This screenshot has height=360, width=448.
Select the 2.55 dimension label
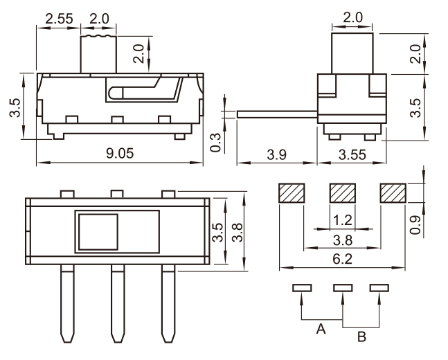(59, 17)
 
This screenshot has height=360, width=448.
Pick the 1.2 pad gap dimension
(341, 221)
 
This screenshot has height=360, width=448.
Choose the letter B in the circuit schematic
(361, 338)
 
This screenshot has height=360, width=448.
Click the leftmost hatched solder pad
(291, 193)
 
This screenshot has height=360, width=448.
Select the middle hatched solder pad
(341, 193)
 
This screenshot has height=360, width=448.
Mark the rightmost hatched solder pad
(393, 193)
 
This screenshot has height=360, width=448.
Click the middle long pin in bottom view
(117, 305)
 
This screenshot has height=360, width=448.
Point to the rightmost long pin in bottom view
(168, 305)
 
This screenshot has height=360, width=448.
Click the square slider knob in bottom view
(98, 232)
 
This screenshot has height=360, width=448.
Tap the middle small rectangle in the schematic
(341, 287)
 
